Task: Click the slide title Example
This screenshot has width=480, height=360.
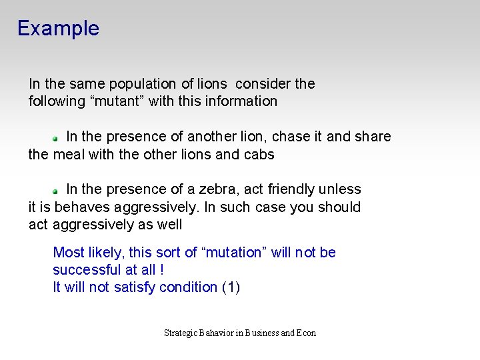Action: [58, 29]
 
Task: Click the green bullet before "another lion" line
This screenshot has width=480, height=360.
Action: [57, 137]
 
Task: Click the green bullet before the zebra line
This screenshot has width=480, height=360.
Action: [57, 191]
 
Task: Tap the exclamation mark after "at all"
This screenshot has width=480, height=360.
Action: [162, 270]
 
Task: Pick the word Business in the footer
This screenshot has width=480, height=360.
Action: [263, 333]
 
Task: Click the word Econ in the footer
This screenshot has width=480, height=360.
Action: [306, 333]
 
